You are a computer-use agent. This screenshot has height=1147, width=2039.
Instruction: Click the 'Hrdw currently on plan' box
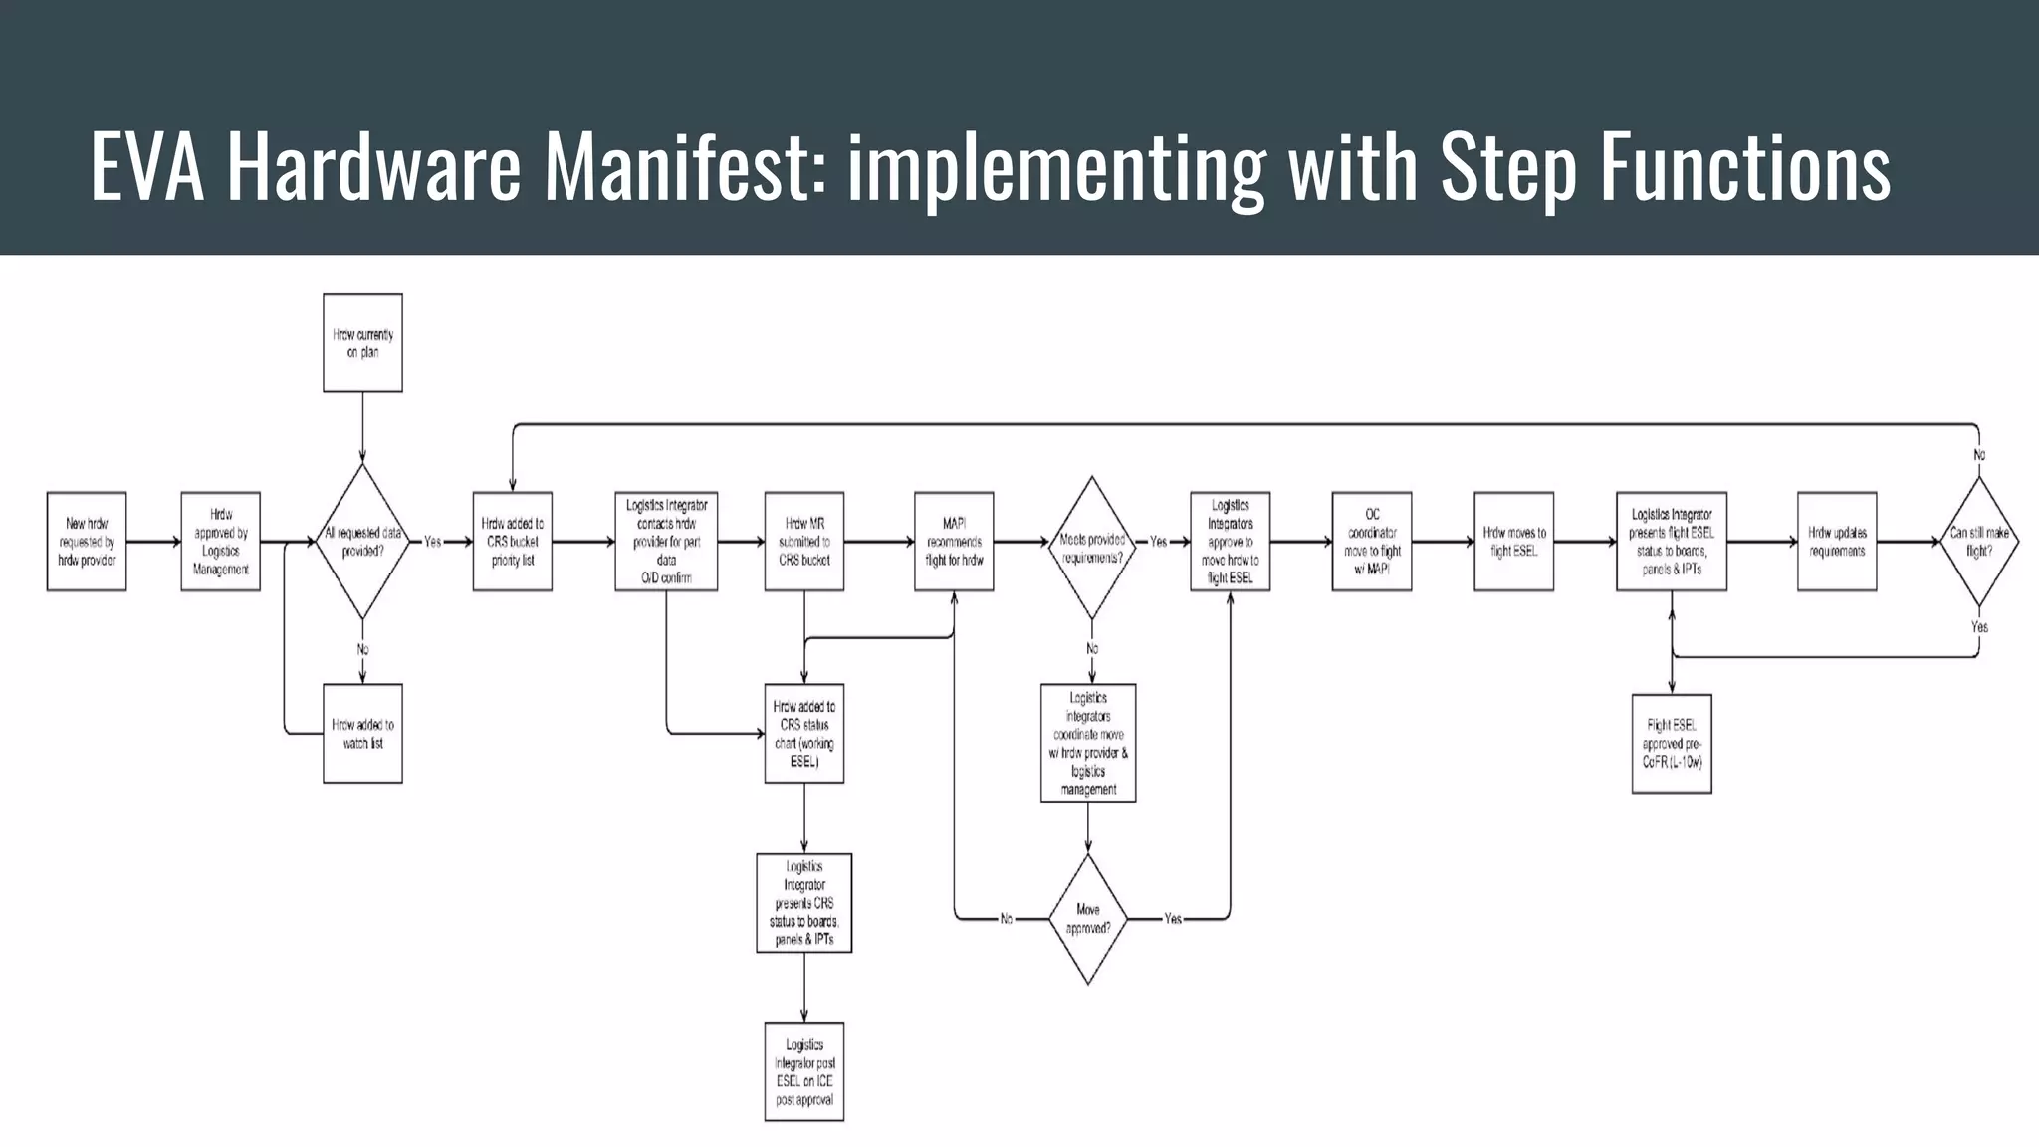[362, 343]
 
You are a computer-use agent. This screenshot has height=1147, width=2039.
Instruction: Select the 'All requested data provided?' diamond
[362, 542]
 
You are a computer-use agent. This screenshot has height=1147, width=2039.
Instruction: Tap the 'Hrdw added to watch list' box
[362, 734]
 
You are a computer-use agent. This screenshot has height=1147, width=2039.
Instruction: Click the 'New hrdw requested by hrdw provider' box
[87, 542]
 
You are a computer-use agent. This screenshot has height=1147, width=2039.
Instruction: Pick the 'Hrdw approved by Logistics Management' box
[221, 542]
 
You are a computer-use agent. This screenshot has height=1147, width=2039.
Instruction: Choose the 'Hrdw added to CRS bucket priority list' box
[513, 542]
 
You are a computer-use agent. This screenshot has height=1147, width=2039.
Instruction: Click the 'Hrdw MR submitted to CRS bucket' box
[804, 542]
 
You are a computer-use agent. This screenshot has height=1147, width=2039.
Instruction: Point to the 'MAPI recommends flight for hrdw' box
[954, 542]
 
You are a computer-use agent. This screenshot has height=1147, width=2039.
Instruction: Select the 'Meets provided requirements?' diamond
[1092, 548]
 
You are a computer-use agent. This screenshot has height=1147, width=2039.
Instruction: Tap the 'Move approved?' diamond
[1088, 919]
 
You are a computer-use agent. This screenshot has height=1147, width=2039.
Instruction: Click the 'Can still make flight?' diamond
[1979, 542]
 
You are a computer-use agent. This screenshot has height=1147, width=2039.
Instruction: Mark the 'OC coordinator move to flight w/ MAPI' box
[1372, 542]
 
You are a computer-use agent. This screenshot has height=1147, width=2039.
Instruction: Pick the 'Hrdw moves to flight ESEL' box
[1513, 542]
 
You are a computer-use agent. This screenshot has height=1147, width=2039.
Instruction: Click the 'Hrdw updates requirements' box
[1837, 542]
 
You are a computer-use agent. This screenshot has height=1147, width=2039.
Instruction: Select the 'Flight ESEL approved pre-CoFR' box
[1672, 744]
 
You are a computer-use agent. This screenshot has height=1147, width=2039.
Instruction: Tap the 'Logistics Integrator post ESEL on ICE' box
[804, 1071]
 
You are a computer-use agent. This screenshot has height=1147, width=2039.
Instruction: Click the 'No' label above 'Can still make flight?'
[1979, 455]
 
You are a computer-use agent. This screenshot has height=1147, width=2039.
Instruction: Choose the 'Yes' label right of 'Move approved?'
[1173, 919]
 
